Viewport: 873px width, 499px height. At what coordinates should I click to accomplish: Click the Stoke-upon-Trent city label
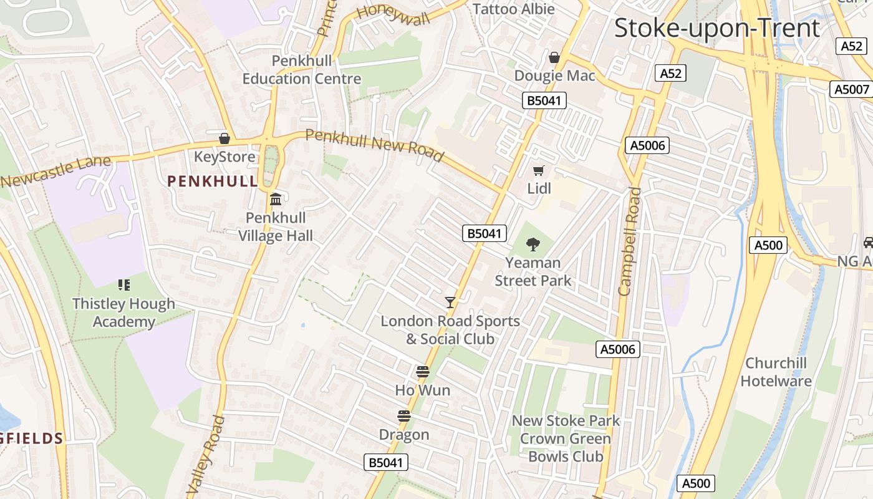click(x=717, y=29)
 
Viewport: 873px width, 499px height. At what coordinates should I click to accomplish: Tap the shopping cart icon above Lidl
click(x=538, y=170)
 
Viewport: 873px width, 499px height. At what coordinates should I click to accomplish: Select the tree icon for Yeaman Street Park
click(x=533, y=244)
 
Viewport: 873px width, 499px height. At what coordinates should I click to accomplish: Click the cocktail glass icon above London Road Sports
click(x=450, y=303)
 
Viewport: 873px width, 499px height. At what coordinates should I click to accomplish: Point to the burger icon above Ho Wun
click(x=423, y=372)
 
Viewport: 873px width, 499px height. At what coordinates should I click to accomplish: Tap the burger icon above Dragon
click(x=404, y=416)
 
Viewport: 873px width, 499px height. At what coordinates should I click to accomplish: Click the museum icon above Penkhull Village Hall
click(x=276, y=200)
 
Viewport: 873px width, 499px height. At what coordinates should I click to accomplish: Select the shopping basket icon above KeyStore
click(x=224, y=138)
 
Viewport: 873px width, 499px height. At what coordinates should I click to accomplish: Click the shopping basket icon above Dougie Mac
click(x=554, y=58)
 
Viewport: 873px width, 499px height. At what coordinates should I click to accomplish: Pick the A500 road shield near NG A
click(x=768, y=245)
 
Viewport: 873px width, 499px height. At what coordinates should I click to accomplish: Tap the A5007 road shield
click(x=851, y=89)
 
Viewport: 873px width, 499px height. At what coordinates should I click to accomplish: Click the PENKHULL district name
click(x=212, y=182)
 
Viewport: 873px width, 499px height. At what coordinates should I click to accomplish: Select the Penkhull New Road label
click(x=374, y=145)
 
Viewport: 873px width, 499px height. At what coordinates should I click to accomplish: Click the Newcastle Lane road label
click(x=56, y=171)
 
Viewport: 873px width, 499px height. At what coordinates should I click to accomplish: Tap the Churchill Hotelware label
click(x=776, y=372)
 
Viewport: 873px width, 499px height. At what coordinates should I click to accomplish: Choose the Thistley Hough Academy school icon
click(x=124, y=285)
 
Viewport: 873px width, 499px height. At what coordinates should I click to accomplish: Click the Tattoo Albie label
click(x=514, y=9)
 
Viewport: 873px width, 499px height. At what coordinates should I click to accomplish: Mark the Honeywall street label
click(x=393, y=14)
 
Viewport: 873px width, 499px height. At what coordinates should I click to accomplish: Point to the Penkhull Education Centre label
click(x=302, y=70)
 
